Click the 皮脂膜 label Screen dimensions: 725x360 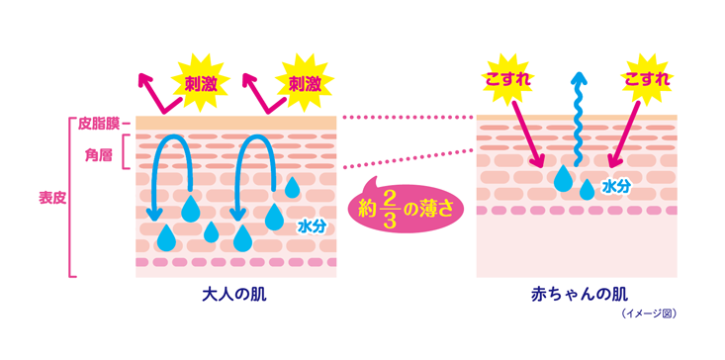point(98,124)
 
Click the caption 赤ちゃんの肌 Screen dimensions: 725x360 point(577,295)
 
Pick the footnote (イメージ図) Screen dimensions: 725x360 point(649,315)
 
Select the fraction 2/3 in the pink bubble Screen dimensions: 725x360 point(389,209)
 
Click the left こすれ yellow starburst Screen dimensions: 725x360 point(510,79)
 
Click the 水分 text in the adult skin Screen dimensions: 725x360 point(312,225)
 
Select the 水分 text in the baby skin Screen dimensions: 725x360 point(615,186)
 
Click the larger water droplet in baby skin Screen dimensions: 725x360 point(563,179)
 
